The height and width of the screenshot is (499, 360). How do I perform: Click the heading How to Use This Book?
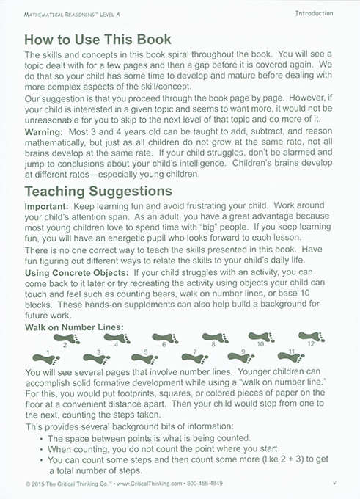98,40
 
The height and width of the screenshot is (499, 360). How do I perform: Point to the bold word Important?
49,208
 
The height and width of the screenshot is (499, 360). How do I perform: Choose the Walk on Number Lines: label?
73,324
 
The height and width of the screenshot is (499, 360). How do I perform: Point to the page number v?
334,484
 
